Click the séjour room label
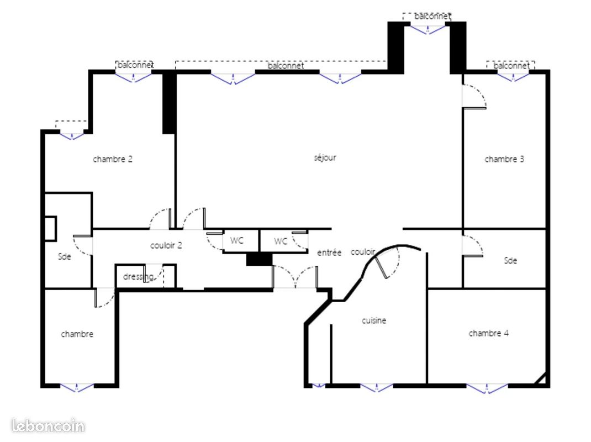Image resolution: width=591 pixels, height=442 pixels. (325, 157)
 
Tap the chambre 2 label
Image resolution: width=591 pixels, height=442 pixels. (113, 159)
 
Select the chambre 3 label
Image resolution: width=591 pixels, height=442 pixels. (504, 159)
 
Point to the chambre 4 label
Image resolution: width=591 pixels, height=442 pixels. (488, 333)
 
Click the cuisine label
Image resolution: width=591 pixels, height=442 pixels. (374, 320)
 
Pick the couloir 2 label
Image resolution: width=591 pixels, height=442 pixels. (166, 245)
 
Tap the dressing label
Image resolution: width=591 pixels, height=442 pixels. (138, 277)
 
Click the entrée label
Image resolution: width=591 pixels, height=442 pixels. (329, 252)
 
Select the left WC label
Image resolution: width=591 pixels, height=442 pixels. (237, 240)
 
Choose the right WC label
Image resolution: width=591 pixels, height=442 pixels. (281, 241)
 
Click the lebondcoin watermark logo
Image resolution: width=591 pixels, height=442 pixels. (48, 426)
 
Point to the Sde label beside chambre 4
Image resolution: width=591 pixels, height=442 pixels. (510, 261)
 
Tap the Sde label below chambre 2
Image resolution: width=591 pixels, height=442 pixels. (65, 256)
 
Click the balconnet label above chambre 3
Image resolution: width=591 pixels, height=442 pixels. (511, 66)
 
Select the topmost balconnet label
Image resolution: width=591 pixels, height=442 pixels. (432, 16)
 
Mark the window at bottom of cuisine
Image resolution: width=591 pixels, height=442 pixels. (377, 387)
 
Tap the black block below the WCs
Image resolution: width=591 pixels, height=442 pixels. (259, 260)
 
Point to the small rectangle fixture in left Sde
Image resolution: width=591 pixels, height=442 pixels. (50, 229)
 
